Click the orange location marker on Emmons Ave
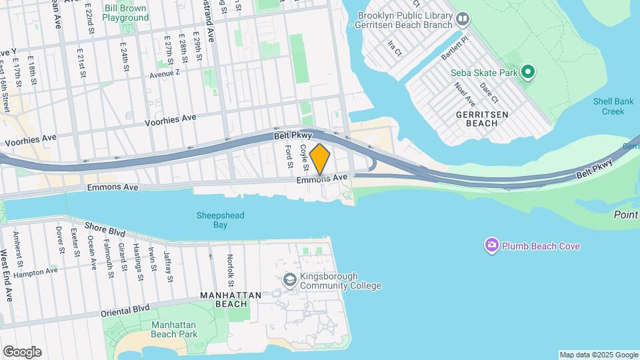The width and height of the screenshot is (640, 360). [320, 159]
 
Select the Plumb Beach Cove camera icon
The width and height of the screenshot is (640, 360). [492, 245]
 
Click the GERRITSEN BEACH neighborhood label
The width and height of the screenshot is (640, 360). [487, 119]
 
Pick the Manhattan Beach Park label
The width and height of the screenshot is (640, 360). [174, 329]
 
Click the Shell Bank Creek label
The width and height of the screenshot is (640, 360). [609, 106]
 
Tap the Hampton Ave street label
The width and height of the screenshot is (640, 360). [55, 271]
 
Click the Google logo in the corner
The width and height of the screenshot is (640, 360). [22, 351]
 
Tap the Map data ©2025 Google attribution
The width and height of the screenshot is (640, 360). [598, 355]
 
